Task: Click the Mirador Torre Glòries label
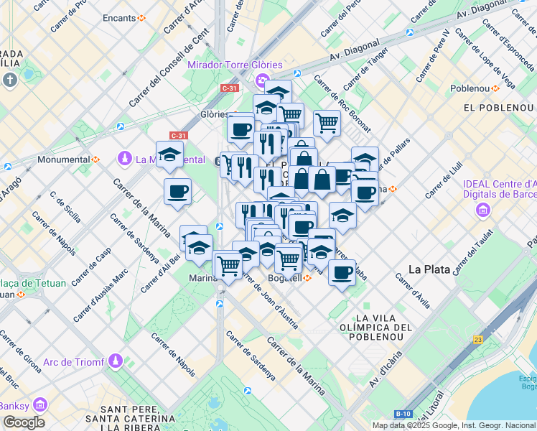(235, 65)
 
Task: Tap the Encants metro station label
(119, 17)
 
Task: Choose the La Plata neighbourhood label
(429, 269)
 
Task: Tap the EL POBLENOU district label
(500, 107)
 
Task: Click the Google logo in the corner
(24, 422)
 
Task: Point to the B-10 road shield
(403, 414)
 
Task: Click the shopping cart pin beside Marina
(228, 265)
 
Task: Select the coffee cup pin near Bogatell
(342, 273)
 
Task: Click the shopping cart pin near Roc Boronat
(327, 123)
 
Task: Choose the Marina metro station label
(202, 278)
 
